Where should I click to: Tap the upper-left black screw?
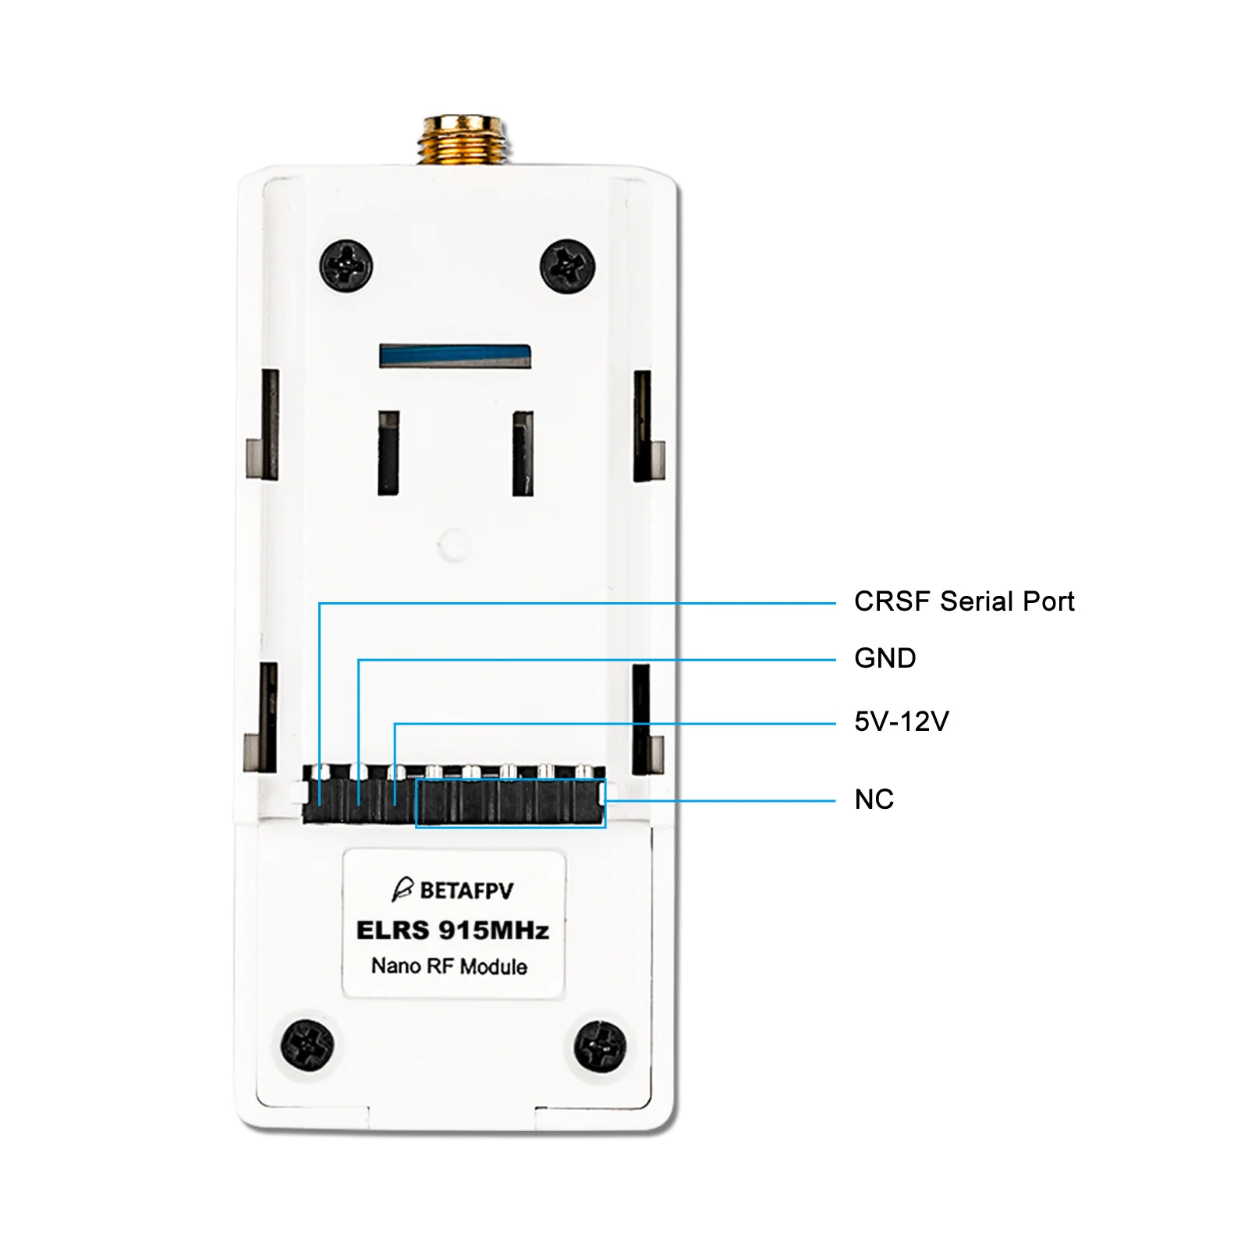pyautogui.click(x=346, y=265)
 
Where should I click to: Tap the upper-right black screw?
pyautogui.click(x=568, y=266)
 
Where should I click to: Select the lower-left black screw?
pyautogui.click(x=307, y=1044)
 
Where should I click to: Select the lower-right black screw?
pyautogui.click(x=599, y=1045)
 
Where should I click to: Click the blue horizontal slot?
pyautogui.click(x=455, y=356)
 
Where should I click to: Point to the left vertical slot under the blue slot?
pyautogui.click(x=388, y=452)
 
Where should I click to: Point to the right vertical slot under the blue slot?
pyautogui.click(x=523, y=453)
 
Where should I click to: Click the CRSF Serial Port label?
pyautogui.click(x=964, y=601)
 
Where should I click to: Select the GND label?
pyautogui.click(x=885, y=658)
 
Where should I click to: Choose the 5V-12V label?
pyautogui.click(x=901, y=721)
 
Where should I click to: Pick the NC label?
pyautogui.click(x=874, y=799)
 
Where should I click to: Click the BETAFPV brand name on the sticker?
pyautogui.click(x=466, y=891)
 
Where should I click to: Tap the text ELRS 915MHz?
pyautogui.click(x=452, y=931)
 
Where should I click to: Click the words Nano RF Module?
pyautogui.click(x=449, y=966)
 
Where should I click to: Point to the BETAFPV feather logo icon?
pyautogui.click(x=402, y=889)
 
